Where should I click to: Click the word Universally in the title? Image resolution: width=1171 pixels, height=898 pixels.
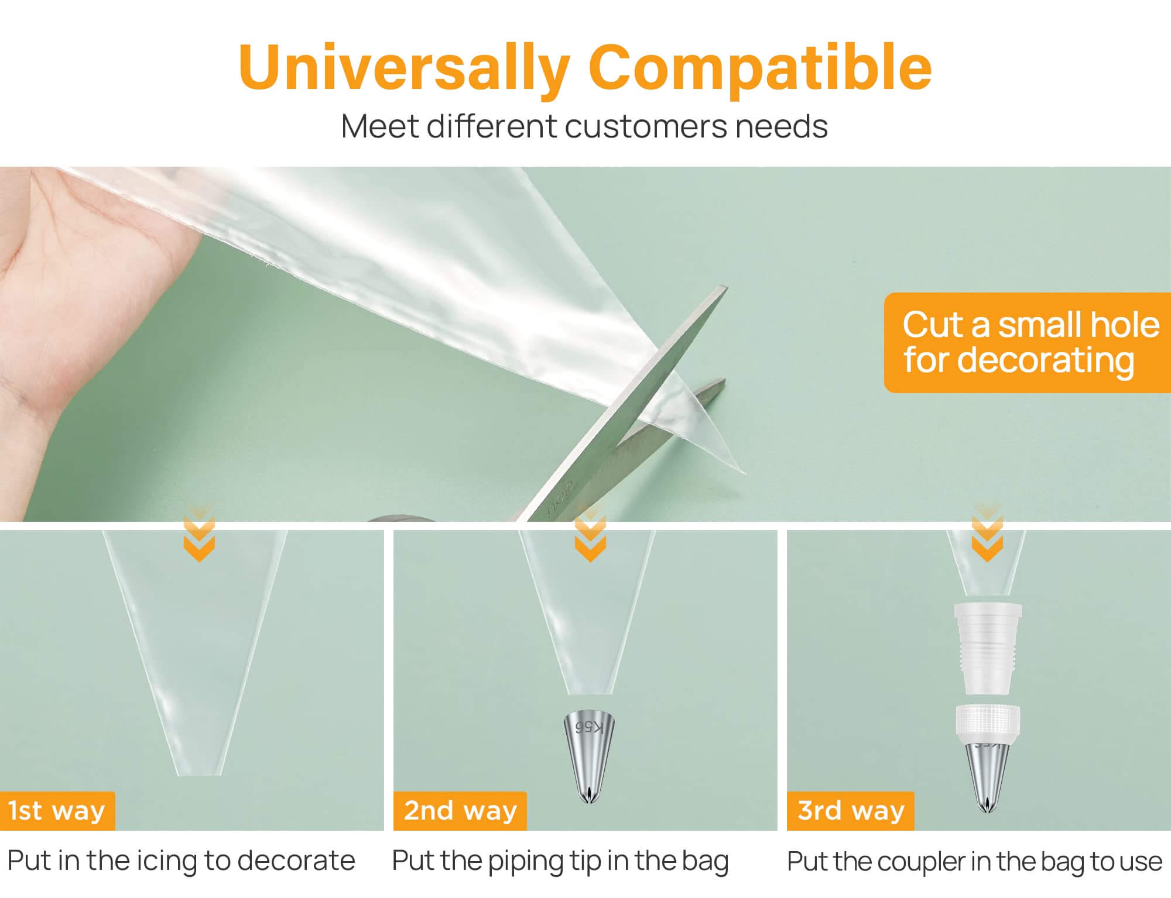[x=405, y=69]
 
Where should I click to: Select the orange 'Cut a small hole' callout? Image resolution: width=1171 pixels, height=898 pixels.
[x=1028, y=342]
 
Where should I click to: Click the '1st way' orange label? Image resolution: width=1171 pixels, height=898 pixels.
[x=57, y=811]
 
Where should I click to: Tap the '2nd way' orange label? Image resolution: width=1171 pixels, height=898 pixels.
[x=460, y=811]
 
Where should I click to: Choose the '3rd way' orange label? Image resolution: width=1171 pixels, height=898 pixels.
[x=850, y=811]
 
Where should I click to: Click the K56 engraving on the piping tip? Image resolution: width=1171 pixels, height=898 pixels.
[x=589, y=727]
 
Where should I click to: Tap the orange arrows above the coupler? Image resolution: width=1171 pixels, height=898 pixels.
[x=987, y=535]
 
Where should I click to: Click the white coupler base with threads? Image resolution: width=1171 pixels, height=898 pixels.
[x=988, y=649]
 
